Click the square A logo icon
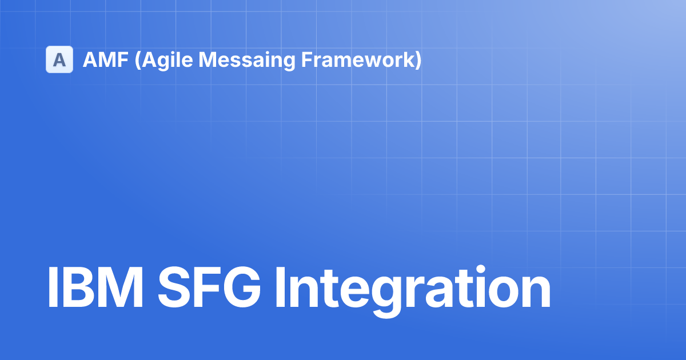(x=59, y=59)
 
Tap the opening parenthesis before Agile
(x=137, y=60)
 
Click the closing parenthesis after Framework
(x=418, y=60)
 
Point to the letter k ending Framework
(x=407, y=59)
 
